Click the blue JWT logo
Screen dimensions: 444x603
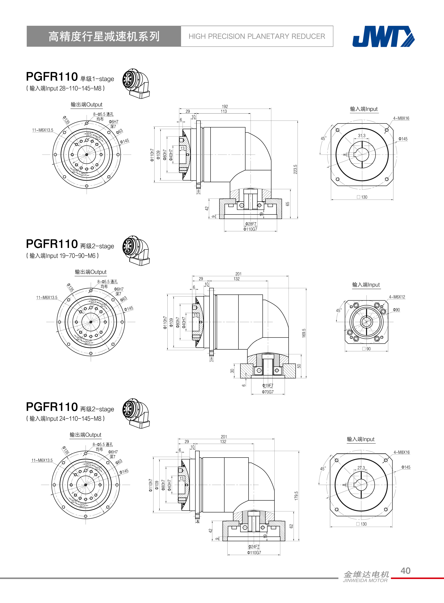(383, 36)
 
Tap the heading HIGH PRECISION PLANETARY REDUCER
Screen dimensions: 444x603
(257, 36)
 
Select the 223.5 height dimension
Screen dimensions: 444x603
(295, 169)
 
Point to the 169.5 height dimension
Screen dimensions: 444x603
(304, 333)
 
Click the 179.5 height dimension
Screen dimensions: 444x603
(296, 496)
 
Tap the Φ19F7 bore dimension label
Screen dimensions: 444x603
(268, 385)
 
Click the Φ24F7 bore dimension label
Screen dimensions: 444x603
(254, 547)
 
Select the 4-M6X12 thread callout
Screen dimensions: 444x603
(397, 297)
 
